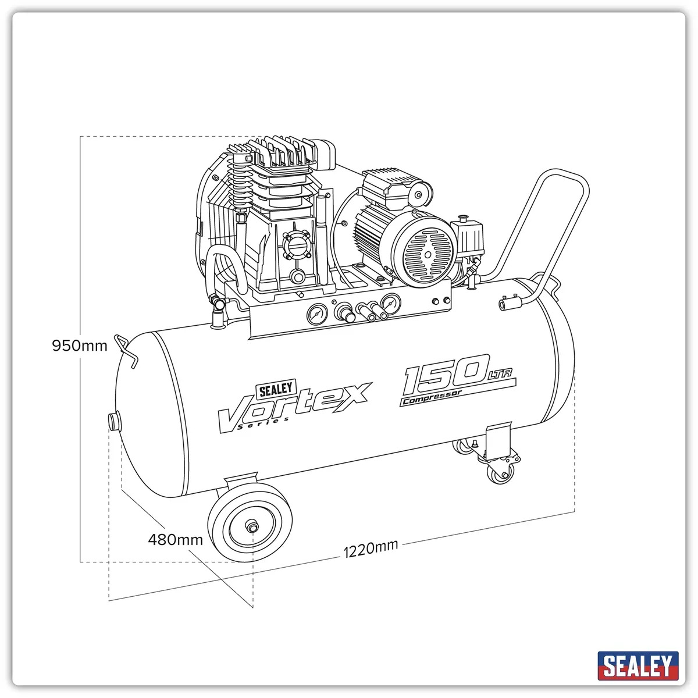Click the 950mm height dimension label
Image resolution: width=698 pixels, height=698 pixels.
(x=80, y=346)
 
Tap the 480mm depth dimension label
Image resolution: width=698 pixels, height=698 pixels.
(x=175, y=540)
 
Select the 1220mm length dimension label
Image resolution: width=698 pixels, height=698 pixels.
(x=371, y=549)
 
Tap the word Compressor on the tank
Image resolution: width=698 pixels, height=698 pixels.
(x=432, y=397)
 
